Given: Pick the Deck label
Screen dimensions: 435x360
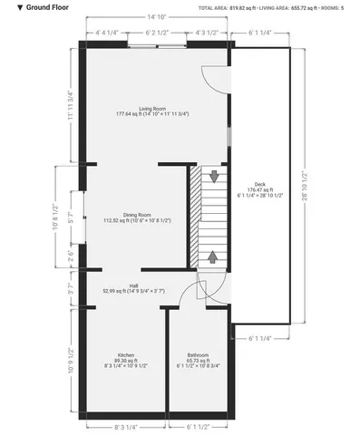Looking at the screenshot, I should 260,186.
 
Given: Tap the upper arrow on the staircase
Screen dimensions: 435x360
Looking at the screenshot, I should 213,176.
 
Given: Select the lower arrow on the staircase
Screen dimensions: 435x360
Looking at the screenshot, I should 213,256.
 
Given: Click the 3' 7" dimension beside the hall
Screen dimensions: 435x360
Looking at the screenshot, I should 70,290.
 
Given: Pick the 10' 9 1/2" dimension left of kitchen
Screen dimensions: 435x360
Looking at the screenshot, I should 70,355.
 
